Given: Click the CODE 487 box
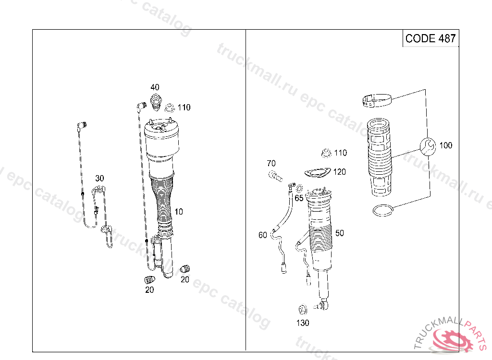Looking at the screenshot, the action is pos(430,38).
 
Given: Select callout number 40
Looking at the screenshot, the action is pos(155,87).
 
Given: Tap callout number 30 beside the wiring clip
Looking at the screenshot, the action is pos(99,179).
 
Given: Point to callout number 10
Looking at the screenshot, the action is pos(178,212).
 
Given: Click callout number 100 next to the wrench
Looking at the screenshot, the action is pos(446,145).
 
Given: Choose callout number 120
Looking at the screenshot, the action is pos(340,172).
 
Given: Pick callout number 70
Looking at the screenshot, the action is pos(271,164).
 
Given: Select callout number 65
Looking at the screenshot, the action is pos(299,198).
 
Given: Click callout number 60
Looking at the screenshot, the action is pos(262,235).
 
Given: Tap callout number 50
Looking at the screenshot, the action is pos(340,233).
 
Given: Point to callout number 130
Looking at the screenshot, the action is pos(303,323).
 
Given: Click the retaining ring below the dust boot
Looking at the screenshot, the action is pos(383,209).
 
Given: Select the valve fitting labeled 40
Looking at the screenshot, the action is pos(155,101).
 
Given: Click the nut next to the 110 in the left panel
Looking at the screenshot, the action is pos(170,108).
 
